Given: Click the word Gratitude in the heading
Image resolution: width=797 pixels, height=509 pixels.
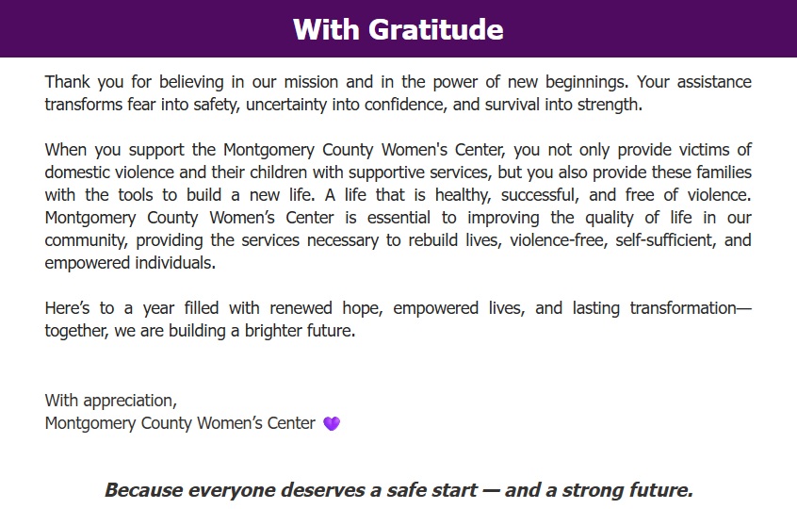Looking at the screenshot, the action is pyautogui.click(x=435, y=29).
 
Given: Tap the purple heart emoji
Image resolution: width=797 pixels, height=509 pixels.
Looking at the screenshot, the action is pyautogui.click(x=332, y=423).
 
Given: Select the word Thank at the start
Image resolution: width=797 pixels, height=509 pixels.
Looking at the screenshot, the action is pyautogui.click(x=67, y=82).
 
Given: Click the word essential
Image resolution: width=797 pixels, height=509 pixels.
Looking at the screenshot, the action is pyautogui.click(x=399, y=218).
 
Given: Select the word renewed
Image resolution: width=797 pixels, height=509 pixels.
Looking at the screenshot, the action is pyautogui.click(x=301, y=308).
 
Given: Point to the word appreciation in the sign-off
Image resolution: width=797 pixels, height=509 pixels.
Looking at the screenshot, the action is pyautogui.click(x=130, y=401).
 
